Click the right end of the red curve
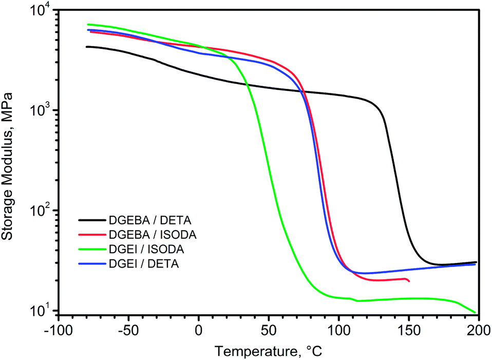point(409,281)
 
